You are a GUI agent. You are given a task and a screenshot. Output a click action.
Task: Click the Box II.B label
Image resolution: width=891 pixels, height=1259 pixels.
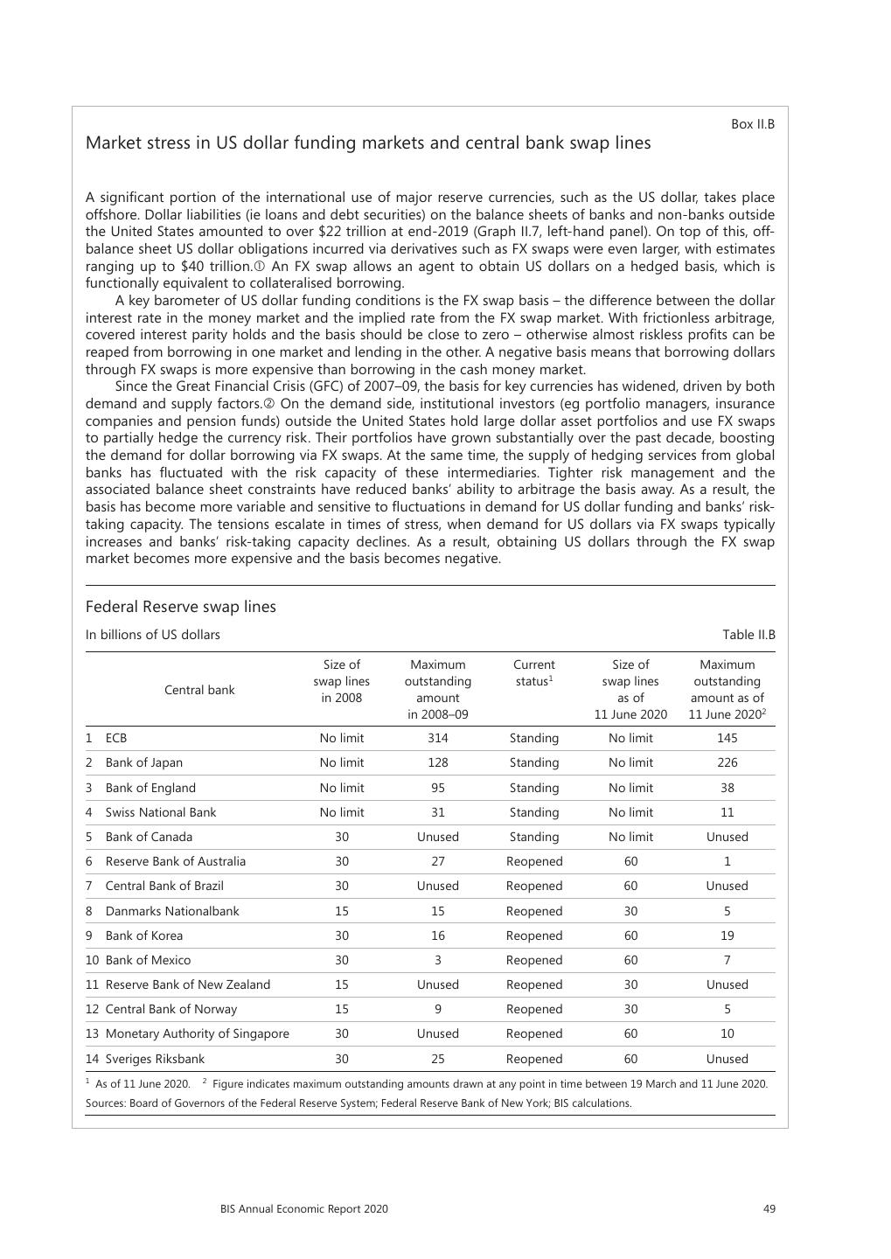pyautogui.click(x=752, y=124)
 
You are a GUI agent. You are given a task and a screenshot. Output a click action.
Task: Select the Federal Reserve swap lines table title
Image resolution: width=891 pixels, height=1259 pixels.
pyautogui.click(x=180, y=607)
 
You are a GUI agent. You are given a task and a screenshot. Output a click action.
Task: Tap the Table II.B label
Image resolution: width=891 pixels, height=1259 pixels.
pyautogui.click(x=748, y=635)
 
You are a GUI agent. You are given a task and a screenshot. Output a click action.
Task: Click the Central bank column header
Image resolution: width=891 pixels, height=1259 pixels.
pyautogui.click(x=199, y=690)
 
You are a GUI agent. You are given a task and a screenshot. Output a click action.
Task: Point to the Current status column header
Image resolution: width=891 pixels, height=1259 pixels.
pyautogui.click(x=533, y=672)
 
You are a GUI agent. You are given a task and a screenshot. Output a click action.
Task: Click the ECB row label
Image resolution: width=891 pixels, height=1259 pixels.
pyautogui.click(x=116, y=738)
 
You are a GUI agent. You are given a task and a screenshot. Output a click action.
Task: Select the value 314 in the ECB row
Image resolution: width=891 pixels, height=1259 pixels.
pyautogui.click(x=438, y=738)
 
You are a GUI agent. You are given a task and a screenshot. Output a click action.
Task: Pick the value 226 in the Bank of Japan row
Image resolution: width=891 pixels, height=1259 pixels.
pyautogui.click(x=727, y=762)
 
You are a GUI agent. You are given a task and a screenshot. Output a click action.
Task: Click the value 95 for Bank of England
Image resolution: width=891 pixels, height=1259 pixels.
pyautogui.click(x=438, y=788)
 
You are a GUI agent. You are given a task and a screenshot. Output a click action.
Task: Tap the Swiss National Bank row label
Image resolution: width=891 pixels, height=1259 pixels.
pyautogui.click(x=160, y=812)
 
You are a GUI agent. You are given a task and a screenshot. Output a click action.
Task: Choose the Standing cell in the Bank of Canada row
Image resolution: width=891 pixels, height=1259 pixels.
pyautogui.click(x=533, y=837)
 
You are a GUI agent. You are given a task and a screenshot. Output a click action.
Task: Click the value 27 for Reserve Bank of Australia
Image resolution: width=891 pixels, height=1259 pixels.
pyautogui.click(x=438, y=861)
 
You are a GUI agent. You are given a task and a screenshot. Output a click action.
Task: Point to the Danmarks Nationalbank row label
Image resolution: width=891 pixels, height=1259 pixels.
pyautogui.click(x=171, y=911)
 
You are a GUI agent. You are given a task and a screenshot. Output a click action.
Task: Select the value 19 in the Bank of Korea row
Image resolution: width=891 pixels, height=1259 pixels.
pyautogui.click(x=727, y=936)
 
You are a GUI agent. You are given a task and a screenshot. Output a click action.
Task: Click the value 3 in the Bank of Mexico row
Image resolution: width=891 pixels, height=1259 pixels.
pyautogui.click(x=438, y=960)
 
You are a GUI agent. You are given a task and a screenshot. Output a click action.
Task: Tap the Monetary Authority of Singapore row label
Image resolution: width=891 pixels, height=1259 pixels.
pyautogui.click(x=197, y=1033)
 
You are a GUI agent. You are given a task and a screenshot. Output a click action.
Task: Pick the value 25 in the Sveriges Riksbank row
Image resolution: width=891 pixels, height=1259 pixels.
pyautogui.click(x=438, y=1059)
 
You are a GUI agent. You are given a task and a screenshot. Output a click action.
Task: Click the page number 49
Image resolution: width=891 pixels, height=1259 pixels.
pyautogui.click(x=769, y=1209)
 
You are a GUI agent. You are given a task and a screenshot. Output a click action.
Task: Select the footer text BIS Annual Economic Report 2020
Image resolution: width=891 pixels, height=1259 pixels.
pyautogui.click(x=304, y=1209)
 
